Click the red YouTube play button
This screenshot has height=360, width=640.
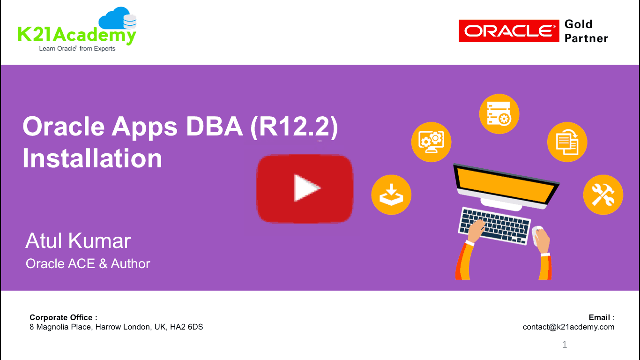pyautogui.click(x=305, y=188)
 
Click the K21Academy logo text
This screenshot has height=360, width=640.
pyautogui.click(x=77, y=35)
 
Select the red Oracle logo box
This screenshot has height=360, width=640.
pyautogui.click(x=509, y=31)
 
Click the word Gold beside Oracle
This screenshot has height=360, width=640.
pyautogui.click(x=578, y=24)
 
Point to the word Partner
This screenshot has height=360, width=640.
pyautogui.click(x=586, y=38)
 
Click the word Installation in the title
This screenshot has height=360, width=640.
pyautogui.click(x=92, y=158)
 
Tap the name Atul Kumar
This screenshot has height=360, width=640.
pyautogui.click(x=78, y=241)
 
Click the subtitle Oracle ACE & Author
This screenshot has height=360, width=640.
pyautogui.click(x=88, y=263)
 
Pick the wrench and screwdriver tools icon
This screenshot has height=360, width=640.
pyautogui.click(x=603, y=195)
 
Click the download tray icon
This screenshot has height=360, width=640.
pyautogui.click(x=391, y=195)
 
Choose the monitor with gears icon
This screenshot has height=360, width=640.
pyautogui.click(x=431, y=142)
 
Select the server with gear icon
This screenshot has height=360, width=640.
pyautogui.click(x=499, y=114)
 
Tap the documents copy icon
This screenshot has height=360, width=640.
pyautogui.click(x=567, y=142)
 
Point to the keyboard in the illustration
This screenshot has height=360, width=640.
pyautogui.click(x=494, y=225)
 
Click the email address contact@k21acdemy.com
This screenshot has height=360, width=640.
pyautogui.click(x=568, y=327)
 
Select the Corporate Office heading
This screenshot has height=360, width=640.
pyautogui.click(x=63, y=317)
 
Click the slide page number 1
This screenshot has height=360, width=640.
pyautogui.click(x=565, y=345)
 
